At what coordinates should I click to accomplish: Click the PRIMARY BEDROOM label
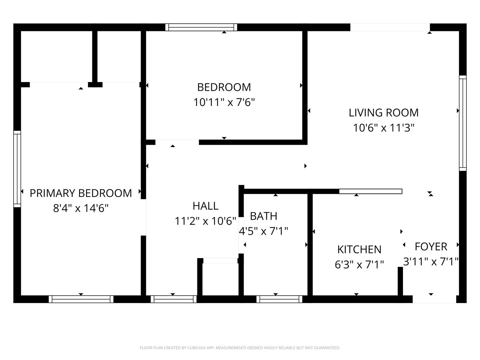(81, 193)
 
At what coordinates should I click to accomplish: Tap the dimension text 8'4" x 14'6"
(81, 208)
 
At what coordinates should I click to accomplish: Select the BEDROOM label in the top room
(224, 87)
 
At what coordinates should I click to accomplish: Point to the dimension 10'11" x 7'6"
(224, 102)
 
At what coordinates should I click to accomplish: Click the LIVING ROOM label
(383, 113)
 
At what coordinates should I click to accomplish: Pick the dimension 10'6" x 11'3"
(383, 128)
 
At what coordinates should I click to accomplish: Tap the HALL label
(205, 206)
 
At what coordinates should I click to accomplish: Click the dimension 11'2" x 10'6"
(205, 221)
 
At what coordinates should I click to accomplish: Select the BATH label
(263, 216)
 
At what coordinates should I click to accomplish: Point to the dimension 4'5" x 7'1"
(263, 231)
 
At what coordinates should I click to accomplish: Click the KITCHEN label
(359, 249)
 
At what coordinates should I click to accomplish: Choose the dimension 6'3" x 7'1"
(359, 264)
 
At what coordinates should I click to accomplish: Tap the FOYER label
(431, 247)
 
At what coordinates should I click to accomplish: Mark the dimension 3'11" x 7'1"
(431, 261)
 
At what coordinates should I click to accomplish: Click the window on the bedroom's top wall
(201, 27)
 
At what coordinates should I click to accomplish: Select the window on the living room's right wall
(463, 123)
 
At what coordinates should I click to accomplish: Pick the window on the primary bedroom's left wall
(17, 169)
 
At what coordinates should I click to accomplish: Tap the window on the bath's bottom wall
(279, 299)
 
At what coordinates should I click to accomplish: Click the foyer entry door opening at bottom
(434, 299)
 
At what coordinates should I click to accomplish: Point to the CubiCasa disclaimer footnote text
(240, 348)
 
